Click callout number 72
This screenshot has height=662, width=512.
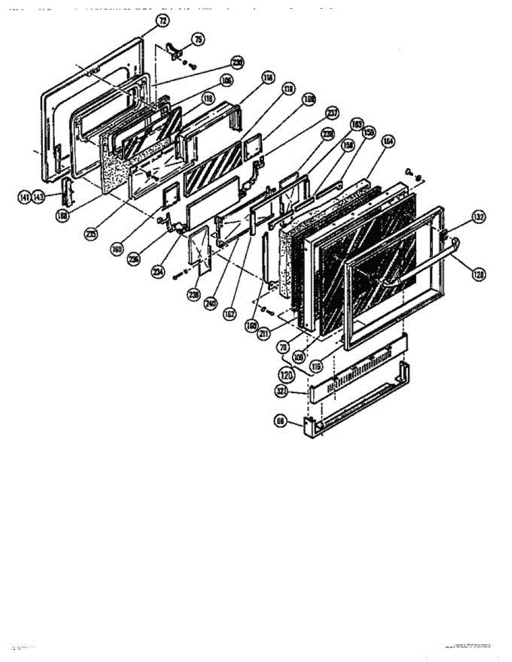pyautogui.click(x=162, y=22)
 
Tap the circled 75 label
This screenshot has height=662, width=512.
pyautogui.click(x=198, y=39)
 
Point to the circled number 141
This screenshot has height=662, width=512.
pyautogui.click(x=24, y=197)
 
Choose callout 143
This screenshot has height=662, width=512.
pyautogui.click(x=38, y=197)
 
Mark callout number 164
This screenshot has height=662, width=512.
pyautogui.click(x=387, y=142)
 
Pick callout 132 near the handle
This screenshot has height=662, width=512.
pyautogui.click(x=478, y=217)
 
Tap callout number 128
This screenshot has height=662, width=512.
pyautogui.click(x=478, y=272)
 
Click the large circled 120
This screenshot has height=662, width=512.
pyautogui.click(x=286, y=375)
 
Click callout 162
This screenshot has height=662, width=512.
pyautogui.click(x=229, y=314)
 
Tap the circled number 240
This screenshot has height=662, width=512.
pyautogui.click(x=210, y=303)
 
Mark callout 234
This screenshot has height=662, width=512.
pyautogui.click(x=159, y=271)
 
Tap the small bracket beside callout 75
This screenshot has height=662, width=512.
pyautogui.click(x=175, y=49)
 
